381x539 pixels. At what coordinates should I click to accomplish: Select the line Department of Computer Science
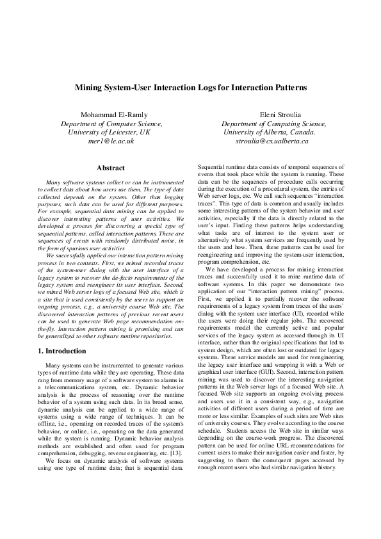pos(111,123)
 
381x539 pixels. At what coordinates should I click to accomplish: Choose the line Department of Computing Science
pos(272,123)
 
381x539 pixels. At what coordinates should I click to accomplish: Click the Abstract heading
pos(110,168)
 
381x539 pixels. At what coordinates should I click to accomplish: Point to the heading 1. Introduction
pos(61,351)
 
